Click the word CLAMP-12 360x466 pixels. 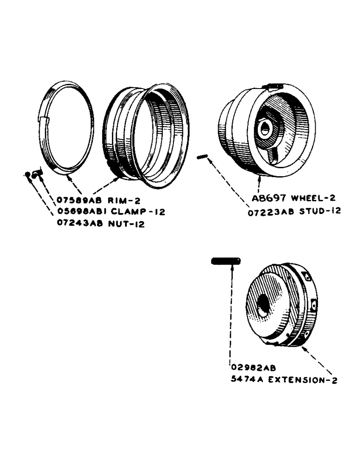click(135, 212)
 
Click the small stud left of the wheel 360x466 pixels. click(201, 157)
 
